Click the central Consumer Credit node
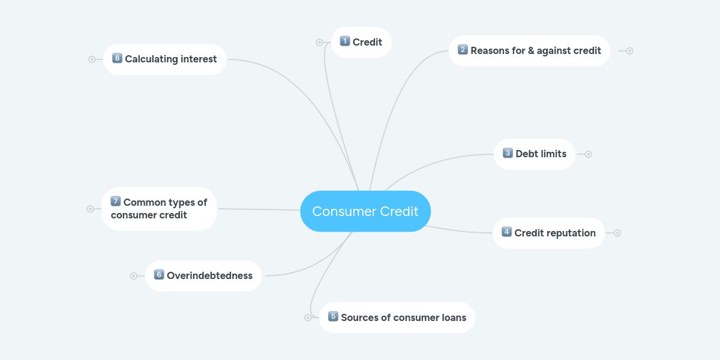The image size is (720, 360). click(365, 211)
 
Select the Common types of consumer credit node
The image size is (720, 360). click(159, 209)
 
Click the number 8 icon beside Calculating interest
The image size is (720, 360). click(117, 58)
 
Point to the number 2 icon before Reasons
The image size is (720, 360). click(463, 50)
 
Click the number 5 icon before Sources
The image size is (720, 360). click(333, 317)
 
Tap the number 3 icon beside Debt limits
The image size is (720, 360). click(508, 154)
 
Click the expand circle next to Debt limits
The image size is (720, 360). click(589, 154)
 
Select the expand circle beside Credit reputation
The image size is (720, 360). click(617, 233)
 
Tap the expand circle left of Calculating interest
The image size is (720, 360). click(92, 59)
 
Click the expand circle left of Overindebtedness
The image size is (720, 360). click(134, 276)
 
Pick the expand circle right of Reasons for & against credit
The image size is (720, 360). click(629, 51)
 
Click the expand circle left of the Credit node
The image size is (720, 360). click(319, 43)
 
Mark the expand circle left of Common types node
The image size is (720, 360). click(90, 209)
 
